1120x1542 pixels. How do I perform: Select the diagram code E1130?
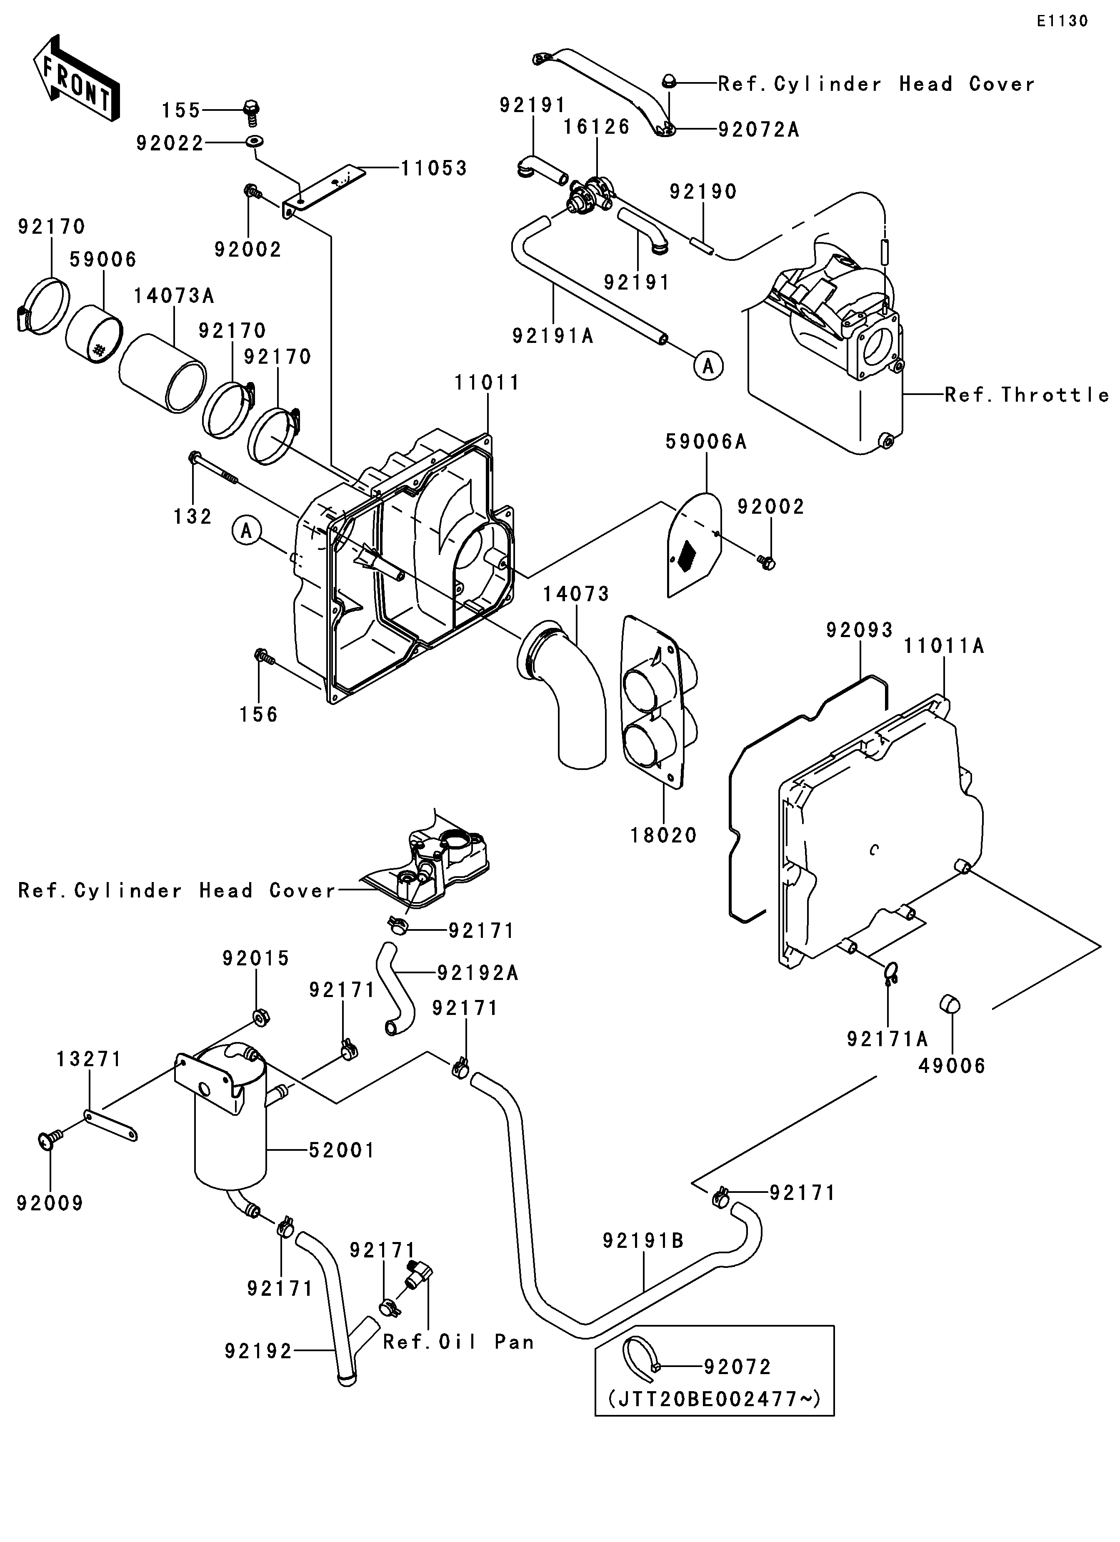click(x=1062, y=21)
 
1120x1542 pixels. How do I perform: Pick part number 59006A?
click(x=706, y=442)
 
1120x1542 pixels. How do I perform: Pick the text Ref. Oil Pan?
click(x=458, y=1342)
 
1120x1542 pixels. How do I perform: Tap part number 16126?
click(x=596, y=127)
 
